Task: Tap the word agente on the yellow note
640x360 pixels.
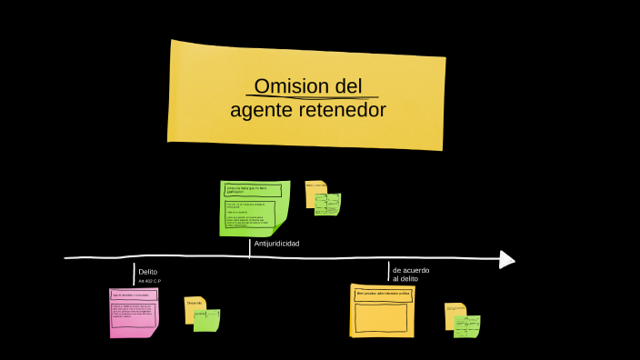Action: click(261, 110)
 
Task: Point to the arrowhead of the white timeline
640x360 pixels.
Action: click(507, 260)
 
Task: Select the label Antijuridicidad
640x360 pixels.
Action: click(276, 244)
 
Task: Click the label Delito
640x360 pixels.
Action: click(148, 272)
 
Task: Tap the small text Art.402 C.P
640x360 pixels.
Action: click(150, 282)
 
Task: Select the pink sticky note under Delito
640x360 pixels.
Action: click(134, 313)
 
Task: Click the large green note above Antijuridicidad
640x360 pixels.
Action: click(254, 208)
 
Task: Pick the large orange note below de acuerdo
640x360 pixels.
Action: click(382, 310)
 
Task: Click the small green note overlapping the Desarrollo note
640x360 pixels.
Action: click(207, 320)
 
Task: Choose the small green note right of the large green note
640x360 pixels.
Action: click(327, 204)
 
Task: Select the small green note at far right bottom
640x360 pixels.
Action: click(467, 326)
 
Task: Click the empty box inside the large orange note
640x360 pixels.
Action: click(381, 317)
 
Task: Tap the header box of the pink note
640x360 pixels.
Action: click(133, 295)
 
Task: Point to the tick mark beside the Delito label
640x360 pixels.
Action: click(134, 273)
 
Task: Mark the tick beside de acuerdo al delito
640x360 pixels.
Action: click(388, 272)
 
